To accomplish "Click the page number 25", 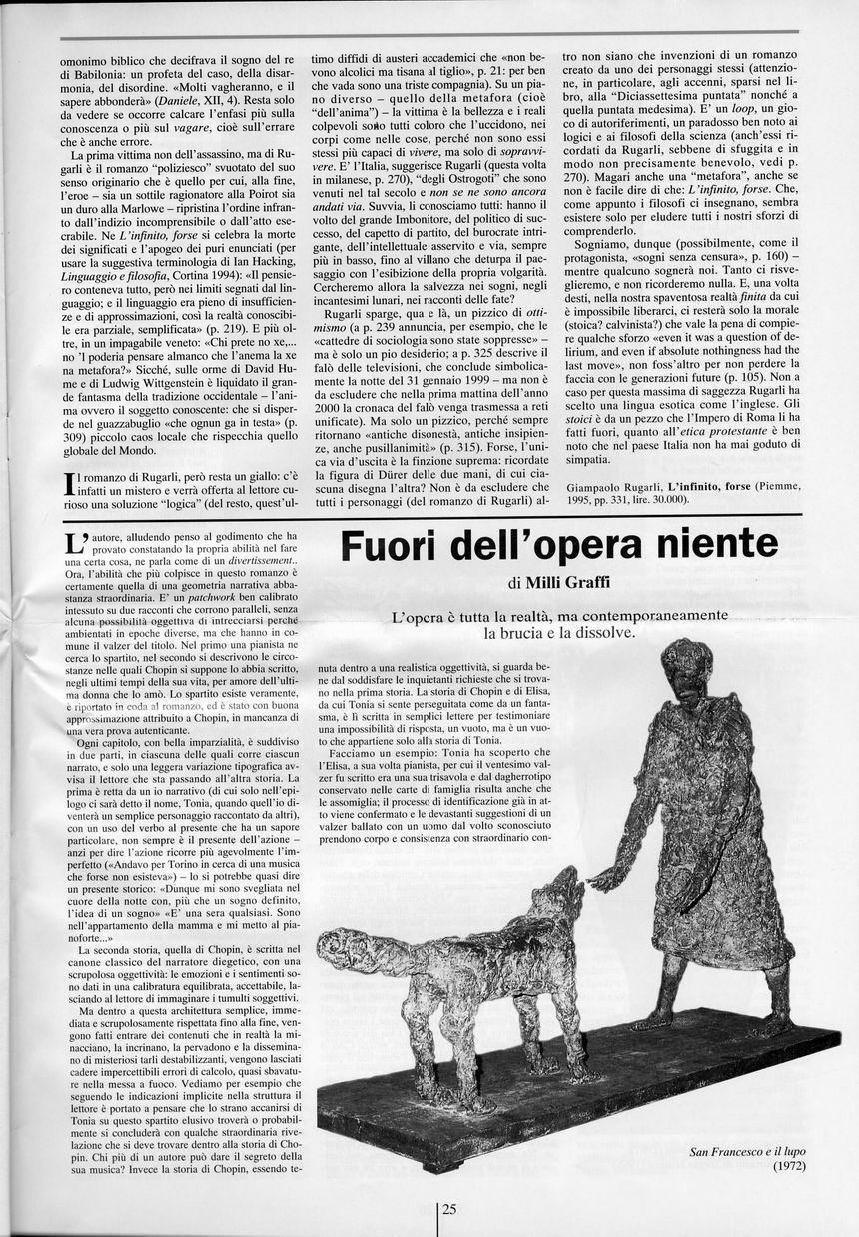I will coord(449,1208).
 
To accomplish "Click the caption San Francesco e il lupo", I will coord(747,1152).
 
